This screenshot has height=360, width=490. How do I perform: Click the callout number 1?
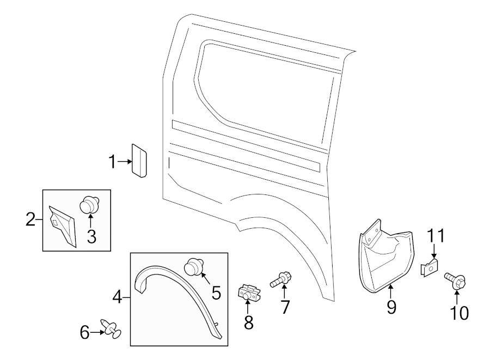[112, 162]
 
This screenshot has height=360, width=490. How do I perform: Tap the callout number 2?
[32, 220]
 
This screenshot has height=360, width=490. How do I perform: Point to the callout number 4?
[117, 297]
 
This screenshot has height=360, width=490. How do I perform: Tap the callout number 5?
[216, 293]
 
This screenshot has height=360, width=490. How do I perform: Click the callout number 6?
[85, 332]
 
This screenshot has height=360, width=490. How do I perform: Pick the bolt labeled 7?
[281, 281]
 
